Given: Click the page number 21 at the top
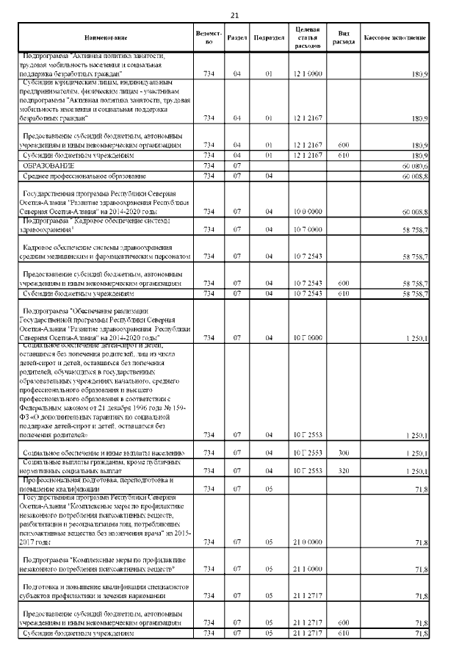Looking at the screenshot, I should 234,15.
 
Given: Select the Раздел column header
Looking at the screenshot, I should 237,37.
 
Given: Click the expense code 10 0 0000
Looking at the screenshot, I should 307,212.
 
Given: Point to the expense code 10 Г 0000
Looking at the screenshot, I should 307,337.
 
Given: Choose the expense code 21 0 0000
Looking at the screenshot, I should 307,542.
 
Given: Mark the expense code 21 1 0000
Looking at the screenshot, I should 307,569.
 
